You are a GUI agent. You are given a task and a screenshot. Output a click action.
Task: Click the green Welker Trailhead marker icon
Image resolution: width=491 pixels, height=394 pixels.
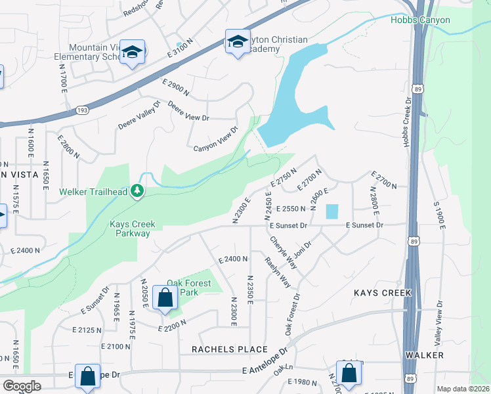tap(137, 191)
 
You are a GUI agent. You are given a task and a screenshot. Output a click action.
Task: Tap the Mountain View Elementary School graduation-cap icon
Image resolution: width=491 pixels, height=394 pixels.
tap(132, 53)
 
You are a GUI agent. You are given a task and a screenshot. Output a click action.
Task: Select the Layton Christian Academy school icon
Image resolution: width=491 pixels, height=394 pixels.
tap(236, 43)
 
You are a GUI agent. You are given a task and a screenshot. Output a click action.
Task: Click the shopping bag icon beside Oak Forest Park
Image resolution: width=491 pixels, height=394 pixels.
tap(164, 297)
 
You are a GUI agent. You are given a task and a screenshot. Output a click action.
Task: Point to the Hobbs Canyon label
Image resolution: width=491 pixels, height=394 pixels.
tap(420, 20)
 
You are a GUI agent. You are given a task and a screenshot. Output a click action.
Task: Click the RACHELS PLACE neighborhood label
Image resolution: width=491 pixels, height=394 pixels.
tap(230, 349)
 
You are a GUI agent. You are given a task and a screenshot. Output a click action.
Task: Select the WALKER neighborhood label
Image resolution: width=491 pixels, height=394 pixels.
tap(425, 355)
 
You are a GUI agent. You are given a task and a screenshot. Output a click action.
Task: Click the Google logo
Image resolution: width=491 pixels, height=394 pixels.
tap(22, 386)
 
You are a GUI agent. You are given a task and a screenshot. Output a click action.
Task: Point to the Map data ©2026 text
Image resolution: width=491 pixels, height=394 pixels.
tap(463, 389)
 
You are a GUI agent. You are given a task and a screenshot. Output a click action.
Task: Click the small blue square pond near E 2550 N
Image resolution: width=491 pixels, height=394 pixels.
tap(331, 211)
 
